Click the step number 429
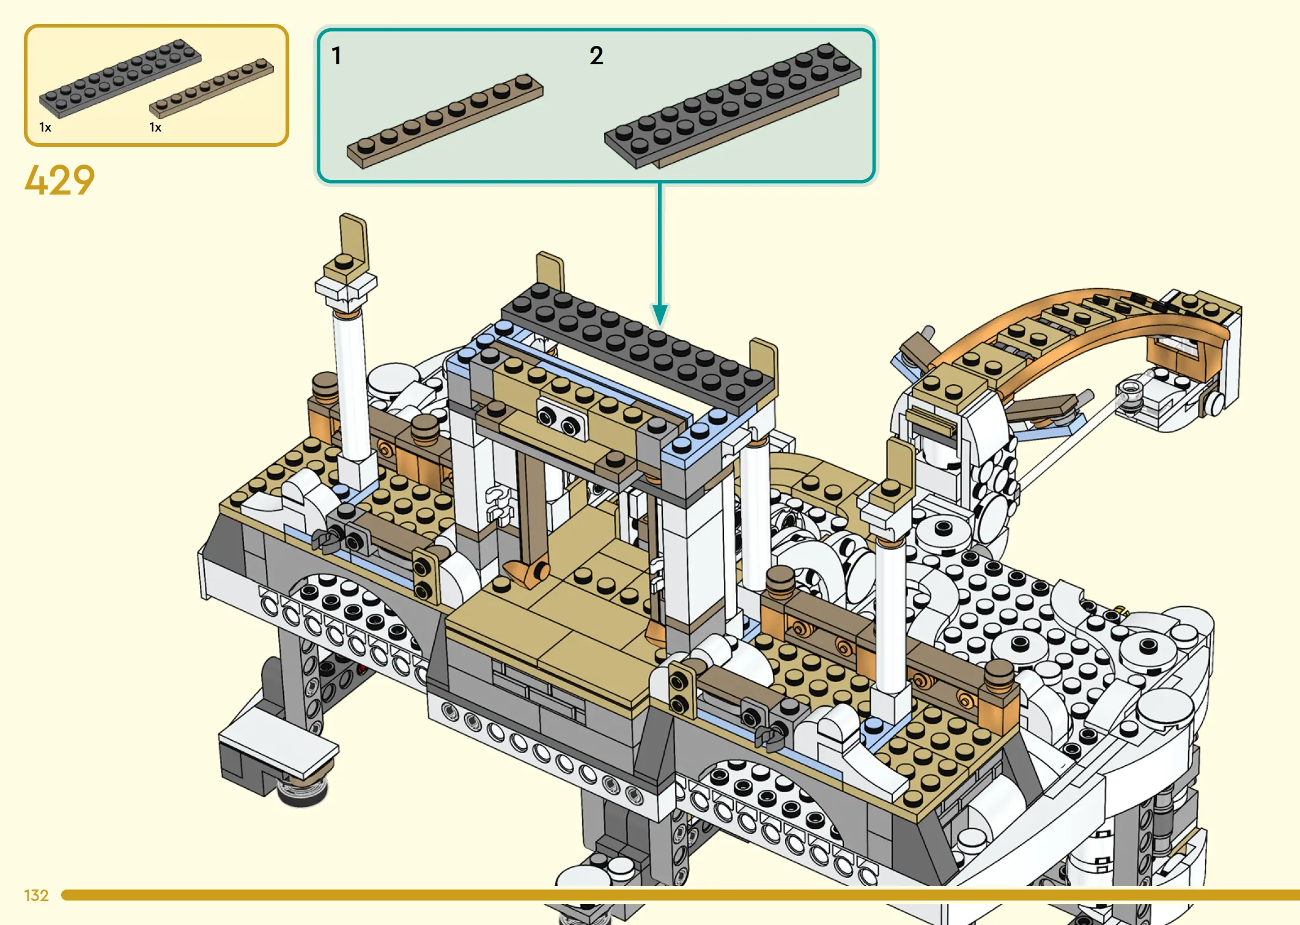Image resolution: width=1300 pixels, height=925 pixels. [x=59, y=180]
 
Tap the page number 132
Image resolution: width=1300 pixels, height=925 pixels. [x=36, y=896]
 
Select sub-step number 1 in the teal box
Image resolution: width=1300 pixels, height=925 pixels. [x=336, y=56]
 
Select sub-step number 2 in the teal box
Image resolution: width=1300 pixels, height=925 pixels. [x=596, y=56]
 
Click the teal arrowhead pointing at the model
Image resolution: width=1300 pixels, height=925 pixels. [x=660, y=316]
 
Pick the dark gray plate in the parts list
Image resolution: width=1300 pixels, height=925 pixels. [x=120, y=78]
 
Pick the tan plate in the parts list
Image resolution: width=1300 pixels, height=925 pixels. [x=212, y=87]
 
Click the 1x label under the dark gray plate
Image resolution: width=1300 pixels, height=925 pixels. [x=45, y=127]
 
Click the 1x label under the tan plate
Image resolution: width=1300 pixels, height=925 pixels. [x=155, y=127]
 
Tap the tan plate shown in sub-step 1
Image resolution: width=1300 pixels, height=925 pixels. [x=445, y=121]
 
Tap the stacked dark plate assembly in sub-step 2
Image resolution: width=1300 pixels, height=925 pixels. [x=733, y=105]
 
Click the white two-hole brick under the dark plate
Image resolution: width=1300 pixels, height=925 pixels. [x=561, y=420]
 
